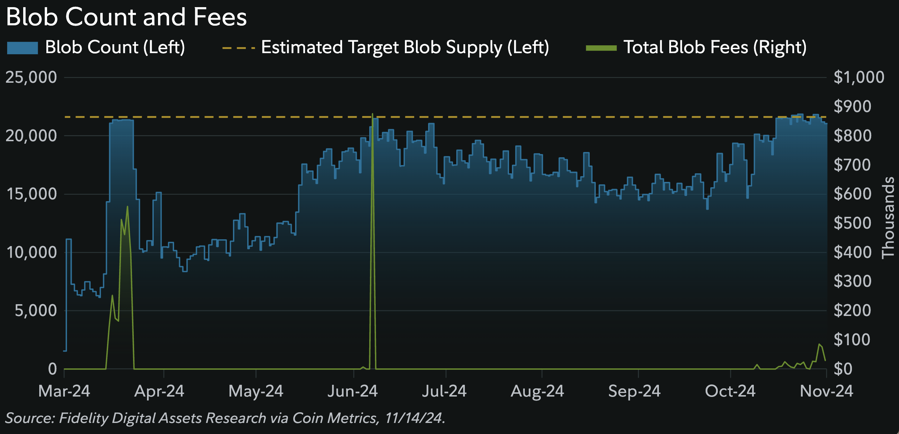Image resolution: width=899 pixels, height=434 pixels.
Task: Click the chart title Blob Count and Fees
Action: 126,17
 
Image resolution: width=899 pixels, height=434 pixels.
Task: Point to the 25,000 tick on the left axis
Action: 31,77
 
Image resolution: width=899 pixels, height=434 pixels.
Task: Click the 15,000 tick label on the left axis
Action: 31,194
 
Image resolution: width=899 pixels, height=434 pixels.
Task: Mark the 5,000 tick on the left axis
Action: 36,311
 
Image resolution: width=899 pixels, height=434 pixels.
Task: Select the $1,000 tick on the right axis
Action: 859,77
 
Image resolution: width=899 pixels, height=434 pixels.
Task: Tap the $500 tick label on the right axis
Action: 852,223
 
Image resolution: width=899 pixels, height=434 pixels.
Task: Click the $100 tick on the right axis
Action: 852,340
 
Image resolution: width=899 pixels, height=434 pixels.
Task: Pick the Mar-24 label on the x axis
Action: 64,391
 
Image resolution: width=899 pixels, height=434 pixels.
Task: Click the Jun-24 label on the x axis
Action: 352,391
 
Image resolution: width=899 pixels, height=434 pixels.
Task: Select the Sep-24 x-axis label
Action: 634,391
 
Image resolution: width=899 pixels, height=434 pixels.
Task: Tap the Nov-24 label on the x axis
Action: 826,391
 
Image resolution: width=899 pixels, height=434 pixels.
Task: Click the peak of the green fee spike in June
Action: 372,114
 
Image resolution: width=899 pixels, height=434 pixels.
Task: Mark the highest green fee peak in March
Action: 127,207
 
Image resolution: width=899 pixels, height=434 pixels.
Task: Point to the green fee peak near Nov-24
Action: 819,344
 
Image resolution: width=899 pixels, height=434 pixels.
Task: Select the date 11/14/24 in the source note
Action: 414,418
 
